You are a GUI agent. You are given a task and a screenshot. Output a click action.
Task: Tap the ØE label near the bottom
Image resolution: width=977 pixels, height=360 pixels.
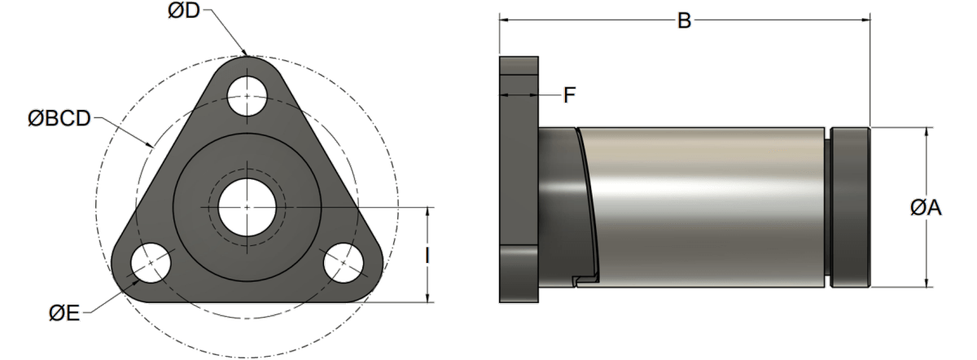(64, 312)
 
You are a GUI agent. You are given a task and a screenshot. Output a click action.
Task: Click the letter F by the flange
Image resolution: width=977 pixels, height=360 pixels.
(570, 96)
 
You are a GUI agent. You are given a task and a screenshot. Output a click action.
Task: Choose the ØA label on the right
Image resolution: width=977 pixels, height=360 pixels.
(925, 209)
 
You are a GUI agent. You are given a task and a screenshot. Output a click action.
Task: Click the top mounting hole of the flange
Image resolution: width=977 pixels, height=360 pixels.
(247, 95)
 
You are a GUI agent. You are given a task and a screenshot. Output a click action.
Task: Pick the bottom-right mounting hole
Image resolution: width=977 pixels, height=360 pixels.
(344, 264)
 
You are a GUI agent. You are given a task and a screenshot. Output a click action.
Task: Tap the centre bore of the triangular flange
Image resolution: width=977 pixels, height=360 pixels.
(247, 207)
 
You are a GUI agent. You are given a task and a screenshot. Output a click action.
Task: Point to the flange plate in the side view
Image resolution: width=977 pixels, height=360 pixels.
(519, 179)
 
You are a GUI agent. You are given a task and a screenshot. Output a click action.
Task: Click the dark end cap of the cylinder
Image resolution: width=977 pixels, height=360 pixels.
(850, 207)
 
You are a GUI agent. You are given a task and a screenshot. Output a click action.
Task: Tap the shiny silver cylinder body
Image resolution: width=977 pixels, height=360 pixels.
(700, 204)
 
